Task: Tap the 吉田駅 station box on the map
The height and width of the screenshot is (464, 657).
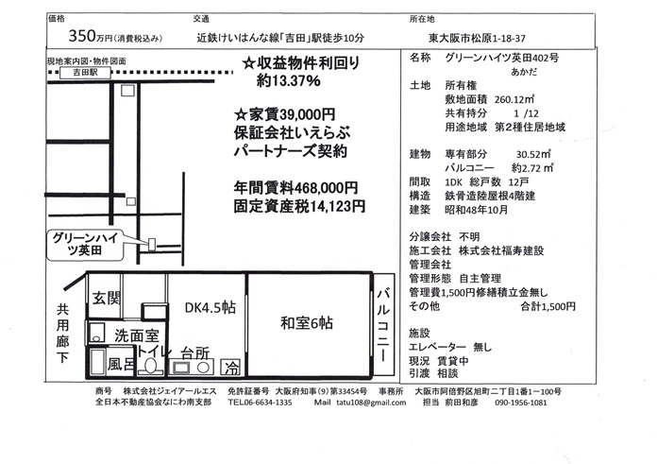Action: click(86, 73)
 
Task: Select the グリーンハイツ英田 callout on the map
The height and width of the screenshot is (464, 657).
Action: click(85, 245)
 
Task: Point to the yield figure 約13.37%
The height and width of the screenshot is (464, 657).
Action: click(288, 80)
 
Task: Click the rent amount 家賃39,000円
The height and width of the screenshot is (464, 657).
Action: click(284, 114)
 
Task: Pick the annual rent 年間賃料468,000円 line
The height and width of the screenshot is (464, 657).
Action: click(295, 188)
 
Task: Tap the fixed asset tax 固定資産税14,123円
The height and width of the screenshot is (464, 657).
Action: click(299, 206)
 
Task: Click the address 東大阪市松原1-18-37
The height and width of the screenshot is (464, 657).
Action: click(477, 38)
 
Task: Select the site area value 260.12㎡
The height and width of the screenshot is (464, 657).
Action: click(514, 99)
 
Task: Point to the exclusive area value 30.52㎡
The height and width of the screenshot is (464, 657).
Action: click(533, 154)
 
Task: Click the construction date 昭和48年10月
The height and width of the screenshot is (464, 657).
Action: click(477, 210)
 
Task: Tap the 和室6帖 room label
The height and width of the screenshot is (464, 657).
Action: click(307, 323)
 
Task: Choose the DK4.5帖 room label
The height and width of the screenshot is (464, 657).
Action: click(211, 307)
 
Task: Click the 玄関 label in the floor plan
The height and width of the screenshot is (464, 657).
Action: click(107, 299)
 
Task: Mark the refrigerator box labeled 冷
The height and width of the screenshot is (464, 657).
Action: click(231, 368)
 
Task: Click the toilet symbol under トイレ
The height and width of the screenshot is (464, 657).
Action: click(150, 366)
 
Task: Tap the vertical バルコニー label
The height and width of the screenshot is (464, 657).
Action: click(384, 325)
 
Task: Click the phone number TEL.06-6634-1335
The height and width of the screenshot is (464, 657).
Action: click(260, 403)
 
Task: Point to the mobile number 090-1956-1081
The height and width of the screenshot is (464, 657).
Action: click(521, 403)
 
